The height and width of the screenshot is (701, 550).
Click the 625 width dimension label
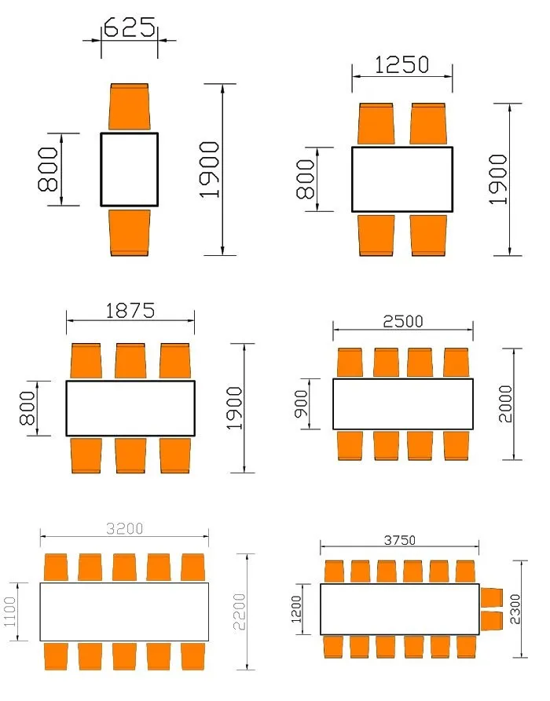[130, 27]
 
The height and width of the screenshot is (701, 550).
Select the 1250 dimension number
[401, 65]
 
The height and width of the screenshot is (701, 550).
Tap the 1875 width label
[130, 311]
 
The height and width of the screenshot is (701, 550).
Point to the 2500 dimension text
[403, 321]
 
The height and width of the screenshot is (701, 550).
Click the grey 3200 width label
[124, 529]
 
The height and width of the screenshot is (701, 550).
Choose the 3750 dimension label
[400, 540]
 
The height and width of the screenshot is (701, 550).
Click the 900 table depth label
[302, 404]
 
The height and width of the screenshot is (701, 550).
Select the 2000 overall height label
[505, 404]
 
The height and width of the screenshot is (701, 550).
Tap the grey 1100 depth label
[10, 612]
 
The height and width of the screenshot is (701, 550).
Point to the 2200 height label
[240, 612]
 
